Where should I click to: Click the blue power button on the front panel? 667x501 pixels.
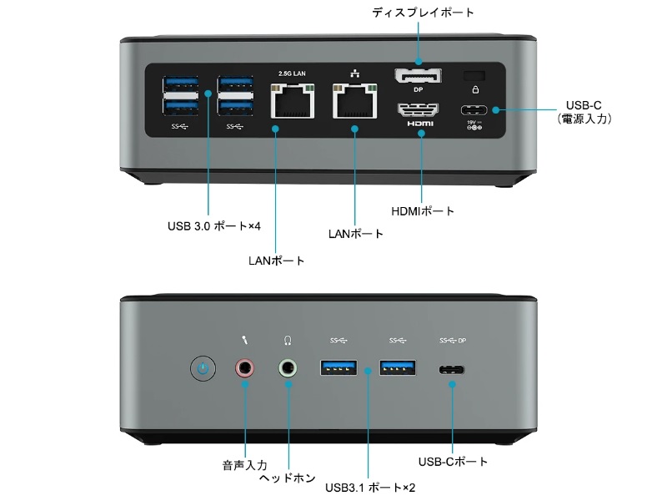point(203,367)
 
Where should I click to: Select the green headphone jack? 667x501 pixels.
point(288,367)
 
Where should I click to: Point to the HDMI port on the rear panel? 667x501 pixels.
point(419,109)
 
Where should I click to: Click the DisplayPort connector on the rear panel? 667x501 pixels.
point(418,77)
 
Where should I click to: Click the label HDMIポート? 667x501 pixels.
point(423,211)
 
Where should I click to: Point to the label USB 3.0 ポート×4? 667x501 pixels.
point(214,226)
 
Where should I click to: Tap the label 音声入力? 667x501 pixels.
point(244,464)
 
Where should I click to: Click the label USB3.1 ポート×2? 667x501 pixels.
point(371,487)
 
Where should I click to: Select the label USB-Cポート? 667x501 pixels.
point(453,462)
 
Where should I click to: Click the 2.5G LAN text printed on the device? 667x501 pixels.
point(292,73)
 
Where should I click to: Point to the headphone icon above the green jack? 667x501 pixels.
point(288,341)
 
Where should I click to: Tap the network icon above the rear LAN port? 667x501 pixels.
point(354,73)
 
